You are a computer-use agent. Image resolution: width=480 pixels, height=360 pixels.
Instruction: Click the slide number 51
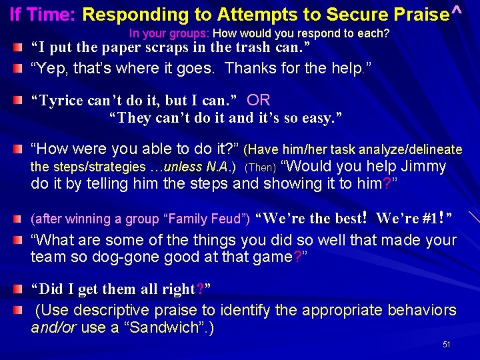446,345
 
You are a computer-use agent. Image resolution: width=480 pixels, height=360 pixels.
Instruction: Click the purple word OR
258,100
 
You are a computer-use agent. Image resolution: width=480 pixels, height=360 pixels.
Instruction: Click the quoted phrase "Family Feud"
214,219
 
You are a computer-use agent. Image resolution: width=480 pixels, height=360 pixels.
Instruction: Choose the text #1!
434,219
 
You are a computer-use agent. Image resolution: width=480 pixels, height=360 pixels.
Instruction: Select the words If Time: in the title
43,14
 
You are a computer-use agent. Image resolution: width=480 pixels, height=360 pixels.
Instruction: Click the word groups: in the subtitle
191,33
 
